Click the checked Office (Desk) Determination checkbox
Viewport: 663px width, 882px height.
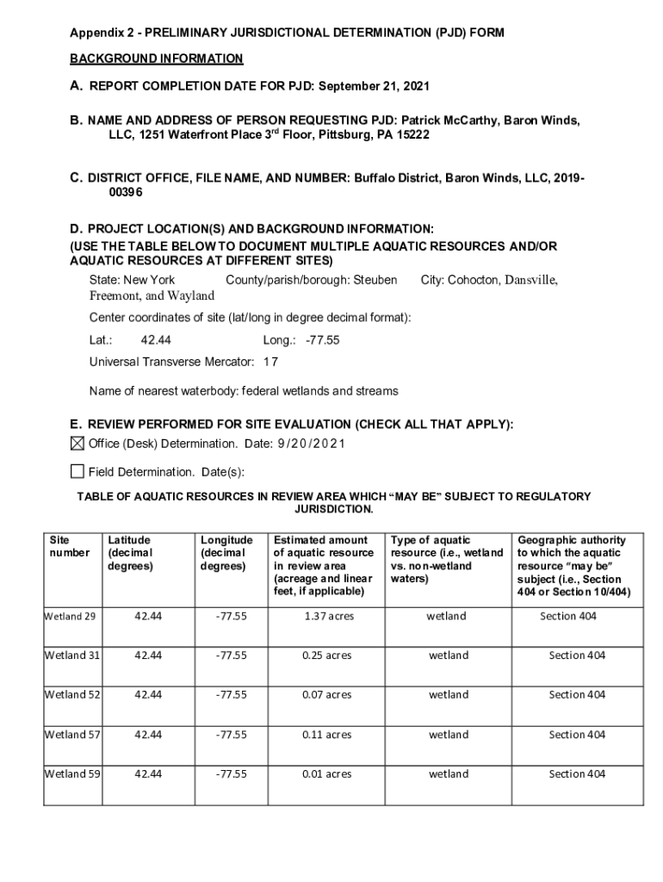click(77, 444)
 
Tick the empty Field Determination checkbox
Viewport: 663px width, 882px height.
click(77, 471)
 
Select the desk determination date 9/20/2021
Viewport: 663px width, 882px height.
click(311, 444)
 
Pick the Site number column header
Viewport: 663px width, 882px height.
click(70, 546)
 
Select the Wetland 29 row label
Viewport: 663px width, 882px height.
click(70, 616)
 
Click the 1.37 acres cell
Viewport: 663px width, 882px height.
click(327, 616)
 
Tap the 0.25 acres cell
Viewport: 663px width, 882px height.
click(327, 655)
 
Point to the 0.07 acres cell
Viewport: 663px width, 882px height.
click(327, 695)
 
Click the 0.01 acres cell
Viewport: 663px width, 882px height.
click(327, 774)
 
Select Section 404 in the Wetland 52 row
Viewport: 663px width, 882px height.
click(577, 695)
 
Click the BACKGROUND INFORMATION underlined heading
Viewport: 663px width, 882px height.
click(157, 59)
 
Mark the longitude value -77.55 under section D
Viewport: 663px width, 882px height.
click(322, 340)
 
